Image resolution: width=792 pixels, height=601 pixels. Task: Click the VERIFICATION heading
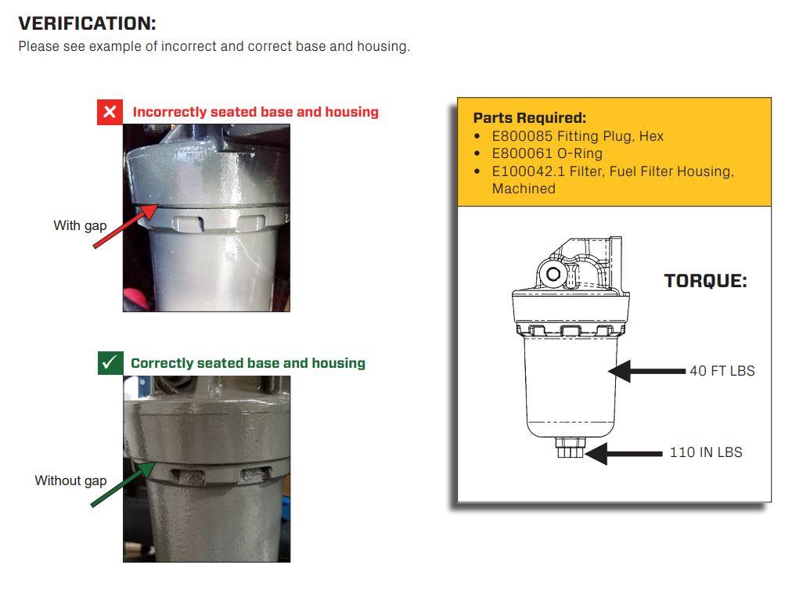click(88, 23)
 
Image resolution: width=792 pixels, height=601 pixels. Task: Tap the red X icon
click(110, 112)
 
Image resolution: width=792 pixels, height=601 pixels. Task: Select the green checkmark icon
click(110, 362)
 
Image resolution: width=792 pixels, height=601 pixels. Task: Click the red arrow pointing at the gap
click(125, 225)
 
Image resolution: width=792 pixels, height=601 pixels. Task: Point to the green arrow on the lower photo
click(123, 484)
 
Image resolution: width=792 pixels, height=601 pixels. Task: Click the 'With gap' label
click(80, 225)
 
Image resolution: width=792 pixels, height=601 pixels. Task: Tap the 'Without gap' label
click(70, 480)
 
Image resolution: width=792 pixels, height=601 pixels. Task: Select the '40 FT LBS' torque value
click(722, 371)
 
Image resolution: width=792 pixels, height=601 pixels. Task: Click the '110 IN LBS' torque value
click(706, 452)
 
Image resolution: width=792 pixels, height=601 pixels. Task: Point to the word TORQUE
click(705, 281)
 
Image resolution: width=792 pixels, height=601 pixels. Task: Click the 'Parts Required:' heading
click(529, 117)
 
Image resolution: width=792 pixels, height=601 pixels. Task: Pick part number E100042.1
click(527, 171)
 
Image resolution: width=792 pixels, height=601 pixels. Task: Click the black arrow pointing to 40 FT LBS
click(646, 371)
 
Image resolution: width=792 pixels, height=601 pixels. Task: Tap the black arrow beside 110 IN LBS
click(623, 454)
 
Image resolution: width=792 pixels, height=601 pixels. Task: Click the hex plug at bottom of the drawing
click(571, 448)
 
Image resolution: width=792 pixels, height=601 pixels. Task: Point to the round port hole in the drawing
click(553, 274)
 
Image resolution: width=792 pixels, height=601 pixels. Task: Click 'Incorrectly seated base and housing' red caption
click(256, 112)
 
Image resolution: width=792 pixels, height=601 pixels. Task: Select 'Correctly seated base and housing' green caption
click(248, 363)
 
